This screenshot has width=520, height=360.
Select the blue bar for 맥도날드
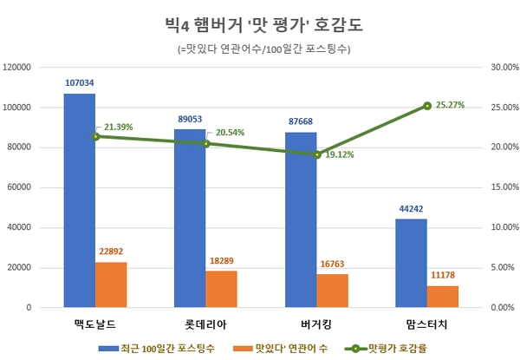79,200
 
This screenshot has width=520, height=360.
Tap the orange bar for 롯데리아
221,289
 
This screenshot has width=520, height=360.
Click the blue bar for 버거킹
301,219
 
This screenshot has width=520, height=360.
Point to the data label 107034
79,83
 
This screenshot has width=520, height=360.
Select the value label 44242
411,209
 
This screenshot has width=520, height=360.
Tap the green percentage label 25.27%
449,105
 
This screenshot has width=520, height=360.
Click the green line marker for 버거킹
316,154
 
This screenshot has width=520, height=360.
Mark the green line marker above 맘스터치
427,106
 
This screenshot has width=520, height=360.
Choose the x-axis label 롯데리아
205,324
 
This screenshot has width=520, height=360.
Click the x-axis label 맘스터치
426,324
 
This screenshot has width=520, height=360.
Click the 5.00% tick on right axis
503,268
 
